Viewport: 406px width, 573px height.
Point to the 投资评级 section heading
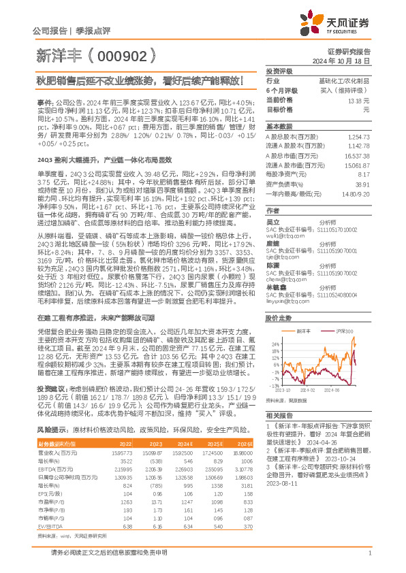coord(279,71)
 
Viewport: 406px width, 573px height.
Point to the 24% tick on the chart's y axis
coord(272,344)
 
